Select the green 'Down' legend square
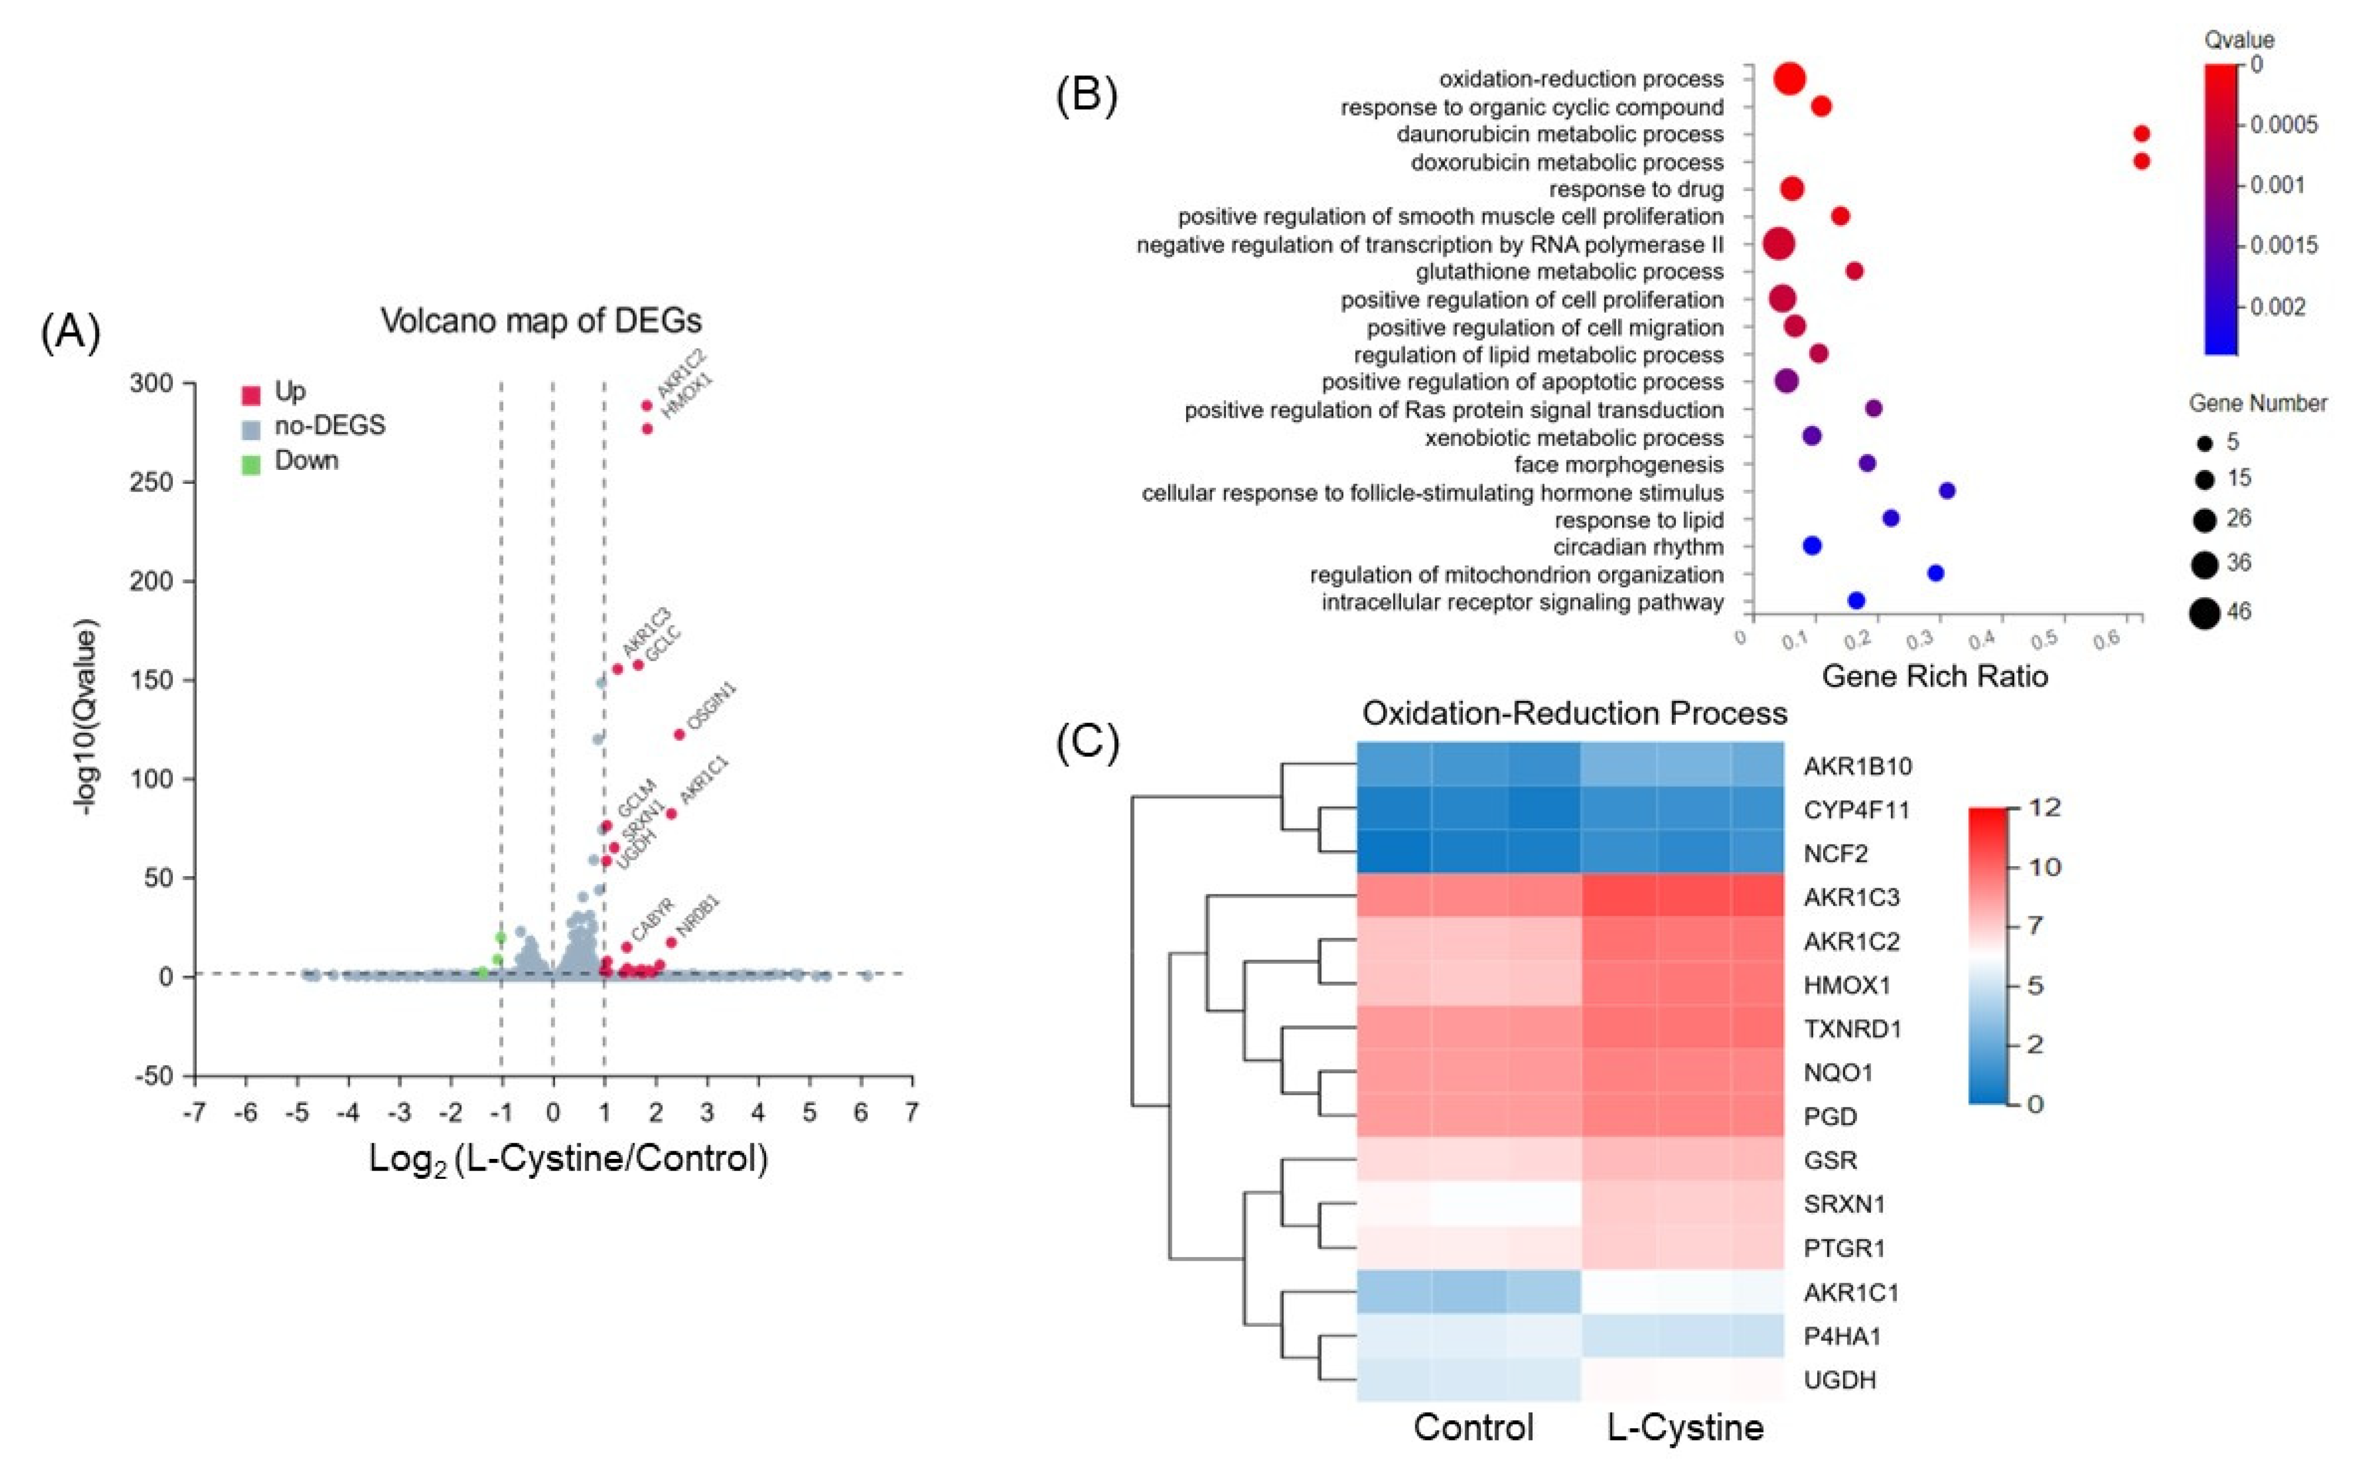pos(251,465)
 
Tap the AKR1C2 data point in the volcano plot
pos(647,406)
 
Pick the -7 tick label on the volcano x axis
pos(195,1113)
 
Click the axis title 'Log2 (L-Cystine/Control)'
pos(569,1158)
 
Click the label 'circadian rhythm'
pos(1638,547)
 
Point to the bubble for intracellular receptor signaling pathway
pos(1856,601)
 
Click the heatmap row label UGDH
pos(1839,1380)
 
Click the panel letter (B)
pos(1086,95)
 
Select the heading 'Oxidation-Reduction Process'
pos(1574,714)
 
